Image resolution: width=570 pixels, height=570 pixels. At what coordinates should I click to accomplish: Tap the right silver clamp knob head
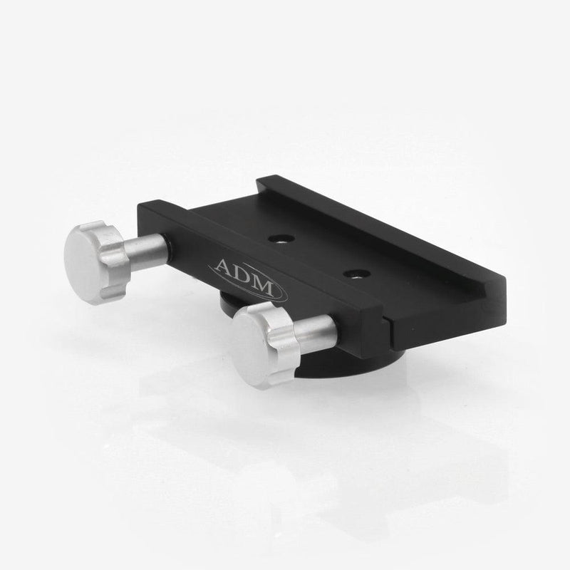(x=264, y=332)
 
